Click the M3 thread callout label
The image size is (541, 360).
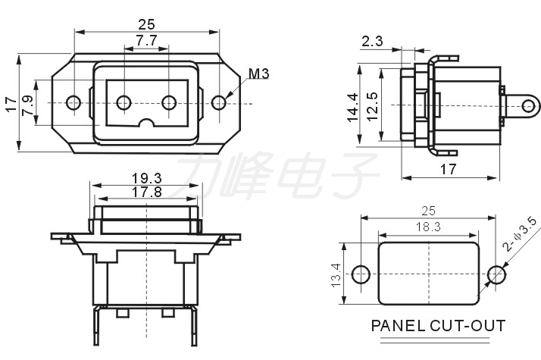[x=258, y=74]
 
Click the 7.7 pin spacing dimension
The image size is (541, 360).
[x=146, y=41]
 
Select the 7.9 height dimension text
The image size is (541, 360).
[x=28, y=105]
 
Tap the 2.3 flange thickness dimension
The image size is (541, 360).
[x=372, y=42]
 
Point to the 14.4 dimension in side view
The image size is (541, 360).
[x=353, y=108]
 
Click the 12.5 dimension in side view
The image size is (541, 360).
[x=373, y=106]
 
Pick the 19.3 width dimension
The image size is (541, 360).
[x=147, y=178]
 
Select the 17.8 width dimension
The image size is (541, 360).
[x=147, y=192]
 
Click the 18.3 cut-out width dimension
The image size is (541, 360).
[x=428, y=227]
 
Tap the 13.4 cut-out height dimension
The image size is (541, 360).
[x=336, y=275]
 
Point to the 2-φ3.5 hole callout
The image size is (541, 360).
[x=520, y=234]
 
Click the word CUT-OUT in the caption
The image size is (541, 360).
[x=468, y=325]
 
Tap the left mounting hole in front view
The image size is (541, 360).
[x=73, y=102]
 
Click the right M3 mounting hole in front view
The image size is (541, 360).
[x=219, y=102]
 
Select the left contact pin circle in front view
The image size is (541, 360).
[x=124, y=102]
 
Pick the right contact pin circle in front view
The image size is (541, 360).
[x=169, y=102]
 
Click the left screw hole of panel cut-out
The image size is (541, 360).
[x=361, y=274]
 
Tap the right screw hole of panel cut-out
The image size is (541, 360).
[x=497, y=274]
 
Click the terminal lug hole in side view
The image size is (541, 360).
[x=529, y=106]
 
